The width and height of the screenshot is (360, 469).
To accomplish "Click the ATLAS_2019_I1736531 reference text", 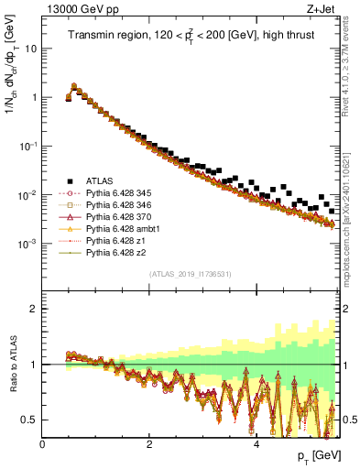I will click(x=190, y=274).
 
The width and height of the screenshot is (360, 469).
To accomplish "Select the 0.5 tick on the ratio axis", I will click(x=29, y=420).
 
